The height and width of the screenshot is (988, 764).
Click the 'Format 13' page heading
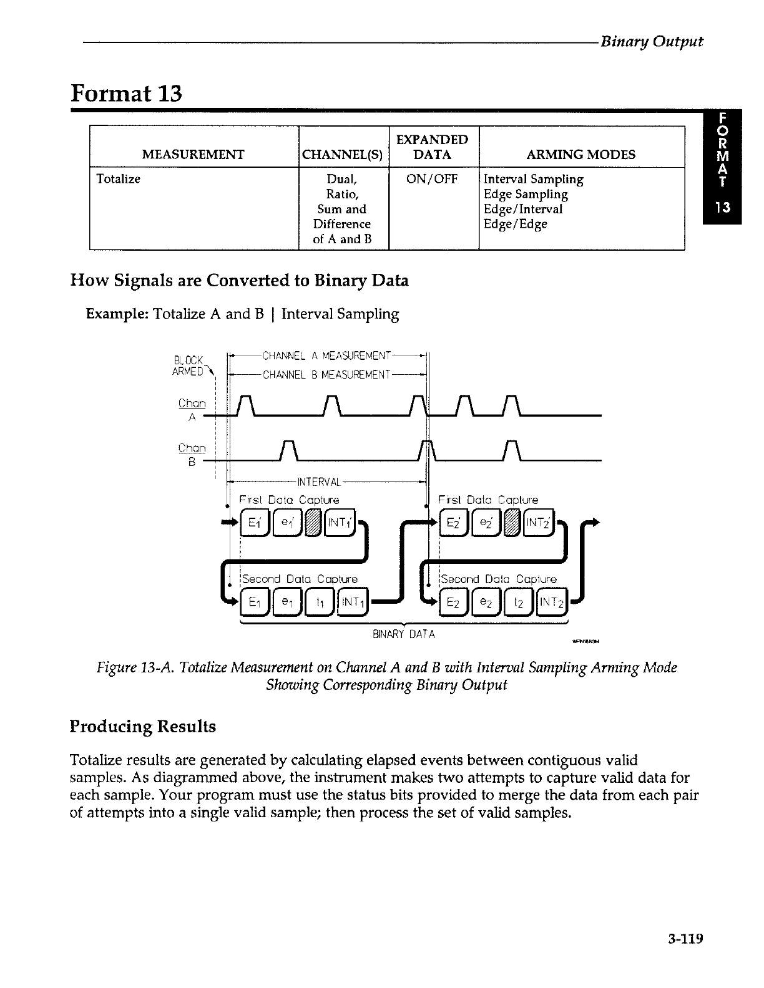(x=127, y=94)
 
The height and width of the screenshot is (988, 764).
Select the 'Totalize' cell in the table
(x=119, y=179)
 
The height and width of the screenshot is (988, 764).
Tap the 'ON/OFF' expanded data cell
(x=433, y=179)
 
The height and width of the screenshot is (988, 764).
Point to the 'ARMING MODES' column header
(x=580, y=154)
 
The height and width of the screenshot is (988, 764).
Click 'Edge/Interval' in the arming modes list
(x=523, y=209)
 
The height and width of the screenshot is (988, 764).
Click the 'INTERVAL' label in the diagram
(x=318, y=482)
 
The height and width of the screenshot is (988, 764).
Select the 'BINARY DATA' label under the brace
(x=403, y=634)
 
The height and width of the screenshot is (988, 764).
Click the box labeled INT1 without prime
(x=352, y=603)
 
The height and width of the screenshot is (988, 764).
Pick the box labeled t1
(x=319, y=603)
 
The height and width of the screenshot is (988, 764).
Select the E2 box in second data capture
(x=454, y=603)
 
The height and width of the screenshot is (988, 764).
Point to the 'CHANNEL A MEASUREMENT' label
(x=327, y=356)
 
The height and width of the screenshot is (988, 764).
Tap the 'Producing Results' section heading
(x=143, y=727)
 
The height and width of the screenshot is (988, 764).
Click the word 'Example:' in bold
(x=117, y=314)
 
